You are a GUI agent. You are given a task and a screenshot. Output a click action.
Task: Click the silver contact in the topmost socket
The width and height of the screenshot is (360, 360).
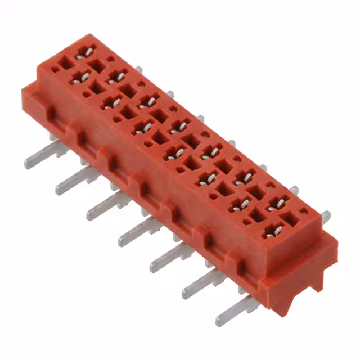85,52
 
